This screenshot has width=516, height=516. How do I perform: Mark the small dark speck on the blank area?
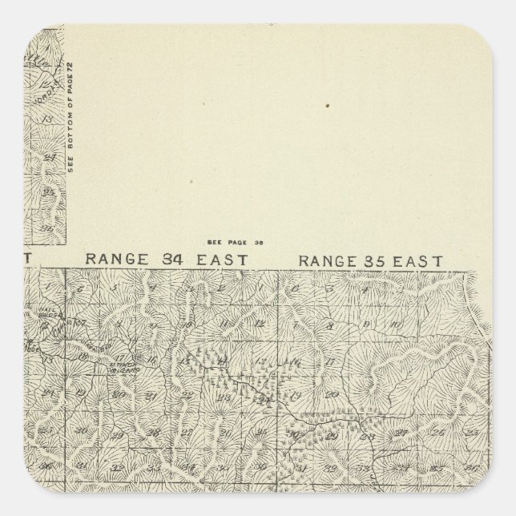(326, 105)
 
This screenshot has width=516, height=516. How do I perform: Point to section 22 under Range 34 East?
(186, 394)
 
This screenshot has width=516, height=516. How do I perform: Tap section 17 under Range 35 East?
(329, 362)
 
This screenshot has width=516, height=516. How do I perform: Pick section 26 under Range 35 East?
(437, 431)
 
